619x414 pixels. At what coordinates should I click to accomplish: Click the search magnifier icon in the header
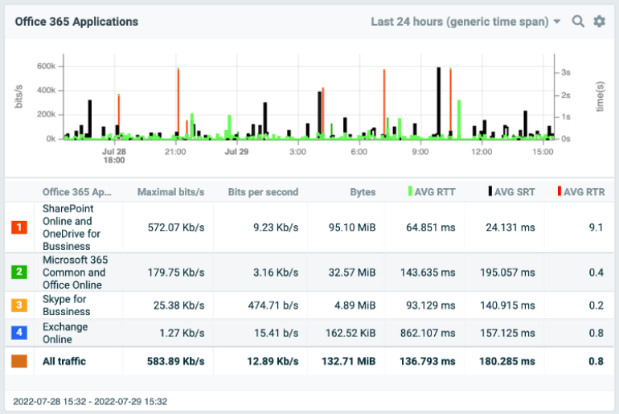point(578,22)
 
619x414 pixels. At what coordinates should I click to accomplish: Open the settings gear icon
point(599,22)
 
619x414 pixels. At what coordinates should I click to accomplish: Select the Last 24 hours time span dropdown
point(465,22)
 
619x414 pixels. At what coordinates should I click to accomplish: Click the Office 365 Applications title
point(76,22)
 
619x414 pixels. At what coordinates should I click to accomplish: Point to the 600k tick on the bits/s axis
point(45,65)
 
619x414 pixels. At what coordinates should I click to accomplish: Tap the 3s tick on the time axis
point(566,72)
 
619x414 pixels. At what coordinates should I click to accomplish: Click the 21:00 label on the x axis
point(175,151)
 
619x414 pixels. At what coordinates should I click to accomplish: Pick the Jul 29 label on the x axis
point(236,151)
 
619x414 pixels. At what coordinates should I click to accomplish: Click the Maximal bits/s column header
point(170,192)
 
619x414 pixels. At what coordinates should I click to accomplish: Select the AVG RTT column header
point(432,192)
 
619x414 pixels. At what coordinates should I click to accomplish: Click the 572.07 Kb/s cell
point(176,227)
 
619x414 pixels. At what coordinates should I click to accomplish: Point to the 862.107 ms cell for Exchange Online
point(428,333)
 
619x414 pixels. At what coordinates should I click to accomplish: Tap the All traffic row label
point(64,361)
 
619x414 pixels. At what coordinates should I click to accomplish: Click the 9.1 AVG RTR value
point(596,227)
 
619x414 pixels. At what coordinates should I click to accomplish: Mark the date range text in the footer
point(90,400)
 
